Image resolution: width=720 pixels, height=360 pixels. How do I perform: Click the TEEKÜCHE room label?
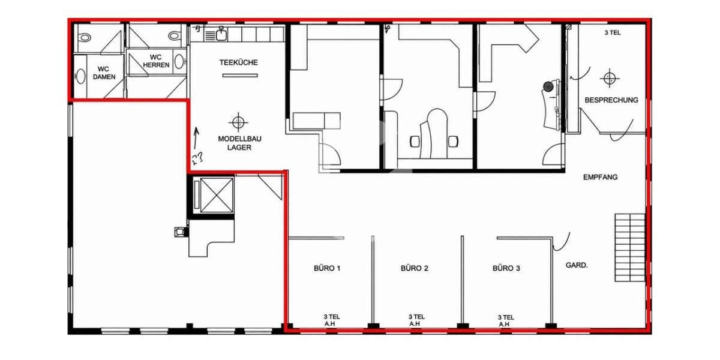click(x=239, y=62)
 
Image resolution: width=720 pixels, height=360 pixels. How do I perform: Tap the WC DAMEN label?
click(x=103, y=73)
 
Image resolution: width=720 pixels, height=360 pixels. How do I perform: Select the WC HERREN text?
click(x=156, y=61)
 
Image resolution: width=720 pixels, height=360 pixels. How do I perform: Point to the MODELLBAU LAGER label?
click(x=239, y=143)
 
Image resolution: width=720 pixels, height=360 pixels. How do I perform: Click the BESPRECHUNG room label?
click(x=611, y=100)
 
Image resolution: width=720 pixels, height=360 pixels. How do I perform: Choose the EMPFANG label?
click(x=601, y=177)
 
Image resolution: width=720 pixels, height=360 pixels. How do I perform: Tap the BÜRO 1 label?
click(x=327, y=268)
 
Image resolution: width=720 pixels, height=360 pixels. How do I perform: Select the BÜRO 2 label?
click(x=415, y=268)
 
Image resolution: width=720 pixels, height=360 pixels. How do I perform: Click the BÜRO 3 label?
click(x=506, y=268)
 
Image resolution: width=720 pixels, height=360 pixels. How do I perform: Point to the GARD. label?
click(x=577, y=265)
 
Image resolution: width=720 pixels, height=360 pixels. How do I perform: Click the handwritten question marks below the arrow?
click(x=197, y=158)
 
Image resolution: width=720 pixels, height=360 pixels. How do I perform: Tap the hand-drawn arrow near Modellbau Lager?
click(x=196, y=138)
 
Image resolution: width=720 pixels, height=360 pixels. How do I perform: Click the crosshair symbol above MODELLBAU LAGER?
click(x=238, y=122)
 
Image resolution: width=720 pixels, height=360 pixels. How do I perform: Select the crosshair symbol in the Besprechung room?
click(x=610, y=78)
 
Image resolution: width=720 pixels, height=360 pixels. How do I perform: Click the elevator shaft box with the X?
click(x=217, y=195)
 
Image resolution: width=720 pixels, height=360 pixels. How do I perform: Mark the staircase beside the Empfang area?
click(x=630, y=247)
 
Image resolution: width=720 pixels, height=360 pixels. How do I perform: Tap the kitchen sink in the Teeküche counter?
click(x=221, y=34)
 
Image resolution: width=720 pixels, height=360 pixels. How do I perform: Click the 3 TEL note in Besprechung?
click(x=613, y=33)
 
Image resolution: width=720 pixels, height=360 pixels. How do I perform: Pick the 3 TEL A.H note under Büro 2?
click(x=416, y=320)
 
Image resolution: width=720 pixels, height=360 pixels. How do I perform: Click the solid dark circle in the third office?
click(x=548, y=86)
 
